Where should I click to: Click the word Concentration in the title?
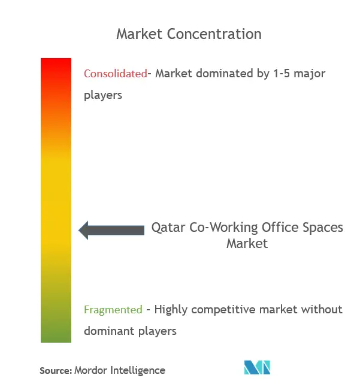tap(214, 34)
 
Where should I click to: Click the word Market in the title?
tap(139, 34)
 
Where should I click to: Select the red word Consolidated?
tap(116, 74)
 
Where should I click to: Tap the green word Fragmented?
tap(113, 310)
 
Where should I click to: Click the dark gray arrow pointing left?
tap(111, 230)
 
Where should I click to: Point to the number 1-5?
tap(282, 74)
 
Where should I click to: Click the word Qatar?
tap(168, 228)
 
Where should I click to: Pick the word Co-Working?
tap(223, 228)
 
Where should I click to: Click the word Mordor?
tap(91, 370)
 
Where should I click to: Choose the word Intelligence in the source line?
tap(138, 371)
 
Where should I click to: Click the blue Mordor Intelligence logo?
tap(257, 367)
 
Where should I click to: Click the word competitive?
tap(223, 310)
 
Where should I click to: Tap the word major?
tap(310, 74)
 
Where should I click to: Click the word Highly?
tap(171, 310)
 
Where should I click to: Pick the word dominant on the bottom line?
tap(109, 331)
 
